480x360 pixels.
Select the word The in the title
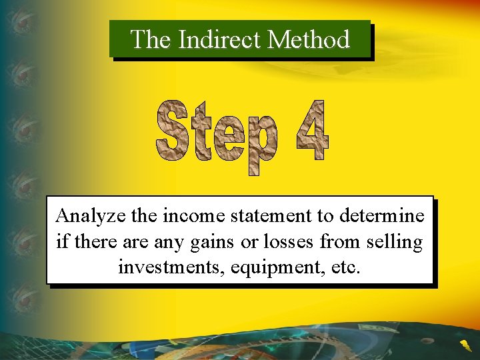pos(151,40)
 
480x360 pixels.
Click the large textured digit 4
pos(311,131)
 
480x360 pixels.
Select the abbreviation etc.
pos(348,267)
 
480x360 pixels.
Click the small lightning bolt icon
pos(465,345)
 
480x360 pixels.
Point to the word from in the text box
pos(340,241)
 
